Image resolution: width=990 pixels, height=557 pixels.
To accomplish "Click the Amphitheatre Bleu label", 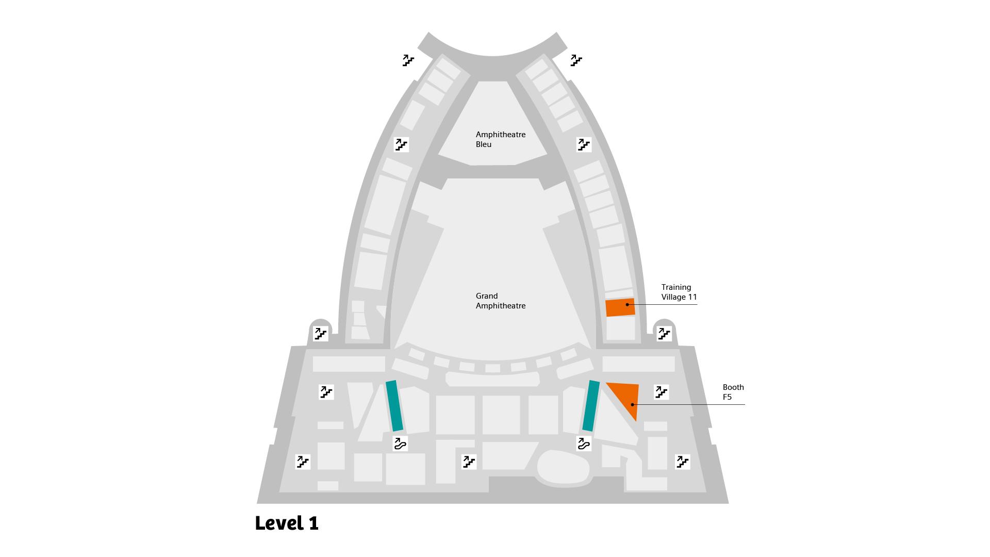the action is point(500,139).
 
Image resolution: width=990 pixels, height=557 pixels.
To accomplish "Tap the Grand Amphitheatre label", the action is point(500,301).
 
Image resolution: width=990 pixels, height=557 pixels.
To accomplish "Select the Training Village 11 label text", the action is point(679,292).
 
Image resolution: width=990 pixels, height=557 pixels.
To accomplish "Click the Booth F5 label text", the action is point(733,392).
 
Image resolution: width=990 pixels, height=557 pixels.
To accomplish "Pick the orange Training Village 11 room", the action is point(620,307).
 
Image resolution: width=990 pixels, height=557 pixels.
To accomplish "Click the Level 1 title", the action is point(287,523).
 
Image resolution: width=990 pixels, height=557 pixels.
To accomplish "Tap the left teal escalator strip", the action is point(394,406).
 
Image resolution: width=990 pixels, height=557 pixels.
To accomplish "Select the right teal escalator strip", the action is point(591,406).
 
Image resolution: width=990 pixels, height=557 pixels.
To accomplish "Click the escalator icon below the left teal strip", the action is point(400,444).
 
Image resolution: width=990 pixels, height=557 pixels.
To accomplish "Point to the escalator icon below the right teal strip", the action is point(584,444).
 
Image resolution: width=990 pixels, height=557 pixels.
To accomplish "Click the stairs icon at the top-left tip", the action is point(408,61).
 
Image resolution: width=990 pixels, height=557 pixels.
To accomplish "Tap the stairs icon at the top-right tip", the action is point(576,61).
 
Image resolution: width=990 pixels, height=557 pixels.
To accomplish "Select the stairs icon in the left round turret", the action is point(321,334).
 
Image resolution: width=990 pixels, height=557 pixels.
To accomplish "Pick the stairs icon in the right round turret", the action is point(664,334).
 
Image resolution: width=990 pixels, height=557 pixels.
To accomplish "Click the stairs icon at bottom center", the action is point(469,462).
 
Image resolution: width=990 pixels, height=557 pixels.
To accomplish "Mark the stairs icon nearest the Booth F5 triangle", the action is point(661,392).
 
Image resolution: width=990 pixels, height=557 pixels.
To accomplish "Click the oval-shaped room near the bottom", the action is point(563,467).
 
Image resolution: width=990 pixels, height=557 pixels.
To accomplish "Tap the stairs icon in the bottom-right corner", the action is point(683,462).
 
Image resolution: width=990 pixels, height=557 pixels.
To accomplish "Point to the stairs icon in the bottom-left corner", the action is point(303,462).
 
